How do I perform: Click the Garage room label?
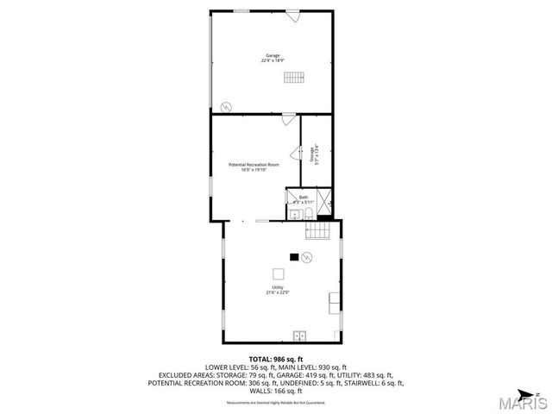click(273, 55)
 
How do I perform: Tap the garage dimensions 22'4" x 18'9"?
click(273, 61)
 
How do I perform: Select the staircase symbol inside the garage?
click(294, 77)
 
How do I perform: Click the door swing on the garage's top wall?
click(293, 16)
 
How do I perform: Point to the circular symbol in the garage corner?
click(226, 106)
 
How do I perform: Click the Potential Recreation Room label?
click(254, 165)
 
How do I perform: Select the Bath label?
click(303, 197)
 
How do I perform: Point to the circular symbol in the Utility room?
click(306, 256)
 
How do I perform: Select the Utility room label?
click(278, 287)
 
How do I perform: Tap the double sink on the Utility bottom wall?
click(300, 335)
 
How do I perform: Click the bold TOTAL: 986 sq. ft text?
click(273, 358)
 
